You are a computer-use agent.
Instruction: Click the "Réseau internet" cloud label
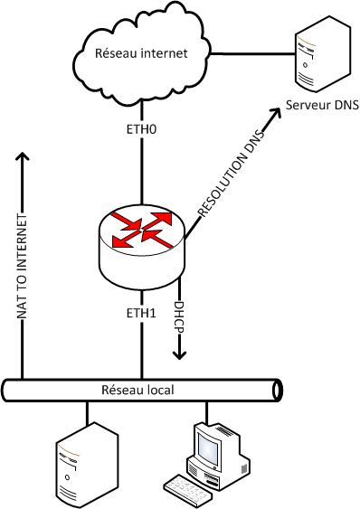click(x=141, y=53)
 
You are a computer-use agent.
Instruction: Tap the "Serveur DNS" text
click(x=322, y=105)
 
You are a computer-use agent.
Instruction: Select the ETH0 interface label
click(x=141, y=129)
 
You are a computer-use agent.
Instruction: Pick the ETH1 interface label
click(x=141, y=313)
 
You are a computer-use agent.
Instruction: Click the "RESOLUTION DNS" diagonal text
click(x=232, y=173)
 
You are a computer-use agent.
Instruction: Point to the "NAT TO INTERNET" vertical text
click(x=22, y=266)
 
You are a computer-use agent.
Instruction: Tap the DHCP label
click(x=179, y=317)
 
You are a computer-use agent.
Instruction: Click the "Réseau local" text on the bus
click(x=137, y=390)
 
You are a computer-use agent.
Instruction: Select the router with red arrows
click(x=142, y=247)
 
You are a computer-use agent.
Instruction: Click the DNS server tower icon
click(x=323, y=54)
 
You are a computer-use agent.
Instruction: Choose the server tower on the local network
click(x=87, y=465)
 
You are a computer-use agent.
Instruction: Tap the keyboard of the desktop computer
click(x=188, y=491)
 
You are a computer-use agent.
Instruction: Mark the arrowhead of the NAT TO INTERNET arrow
click(x=22, y=156)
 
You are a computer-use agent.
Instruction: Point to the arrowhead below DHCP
click(x=179, y=355)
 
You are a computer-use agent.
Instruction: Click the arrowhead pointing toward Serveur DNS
click(x=276, y=113)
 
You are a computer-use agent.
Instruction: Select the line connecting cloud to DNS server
click(x=252, y=53)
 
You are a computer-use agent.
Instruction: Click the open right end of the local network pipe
click(x=277, y=390)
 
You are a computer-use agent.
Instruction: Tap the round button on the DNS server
click(x=305, y=64)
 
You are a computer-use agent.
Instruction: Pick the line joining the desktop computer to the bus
click(x=205, y=411)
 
